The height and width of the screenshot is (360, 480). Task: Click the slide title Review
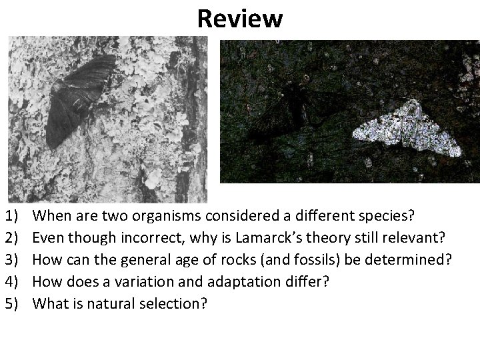tap(239, 19)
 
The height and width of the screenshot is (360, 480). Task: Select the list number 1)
tap(12, 215)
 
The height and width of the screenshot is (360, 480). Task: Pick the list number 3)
tap(12, 259)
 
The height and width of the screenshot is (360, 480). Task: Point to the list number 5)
tap(12, 303)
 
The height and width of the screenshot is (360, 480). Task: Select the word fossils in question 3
tap(283, 259)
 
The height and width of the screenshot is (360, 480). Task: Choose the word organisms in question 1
tap(164, 215)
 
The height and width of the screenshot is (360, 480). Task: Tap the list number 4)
tap(12, 281)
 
